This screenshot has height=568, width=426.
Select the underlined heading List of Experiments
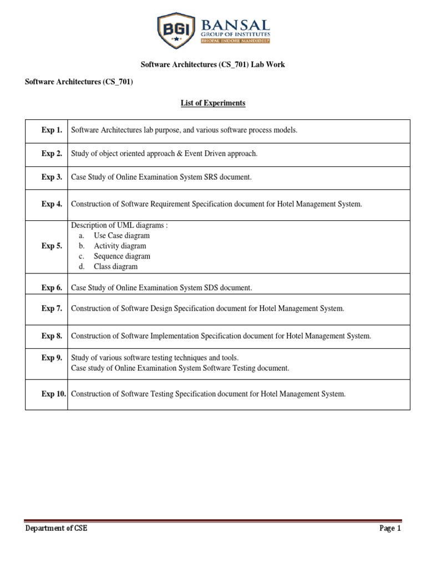click(212, 103)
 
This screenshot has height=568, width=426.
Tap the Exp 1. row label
click(52, 130)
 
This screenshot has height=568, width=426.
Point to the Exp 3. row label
click(52, 177)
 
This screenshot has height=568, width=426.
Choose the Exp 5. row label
click(52, 246)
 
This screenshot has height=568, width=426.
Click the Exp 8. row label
click(52, 336)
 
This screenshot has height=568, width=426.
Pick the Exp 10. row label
click(54, 394)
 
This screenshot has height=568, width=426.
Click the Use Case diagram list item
click(121, 236)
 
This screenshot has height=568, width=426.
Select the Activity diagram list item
click(120, 246)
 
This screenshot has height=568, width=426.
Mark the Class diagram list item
click(115, 266)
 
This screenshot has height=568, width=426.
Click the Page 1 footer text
click(390, 529)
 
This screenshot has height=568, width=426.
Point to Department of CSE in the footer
click(57, 529)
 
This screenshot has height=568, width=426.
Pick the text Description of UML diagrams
click(119, 225)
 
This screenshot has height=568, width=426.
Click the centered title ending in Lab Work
click(212, 64)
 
